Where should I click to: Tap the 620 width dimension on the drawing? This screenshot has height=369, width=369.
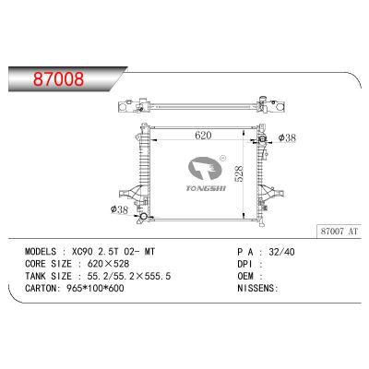click(x=203, y=135)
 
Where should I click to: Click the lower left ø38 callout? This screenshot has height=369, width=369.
click(x=119, y=210)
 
